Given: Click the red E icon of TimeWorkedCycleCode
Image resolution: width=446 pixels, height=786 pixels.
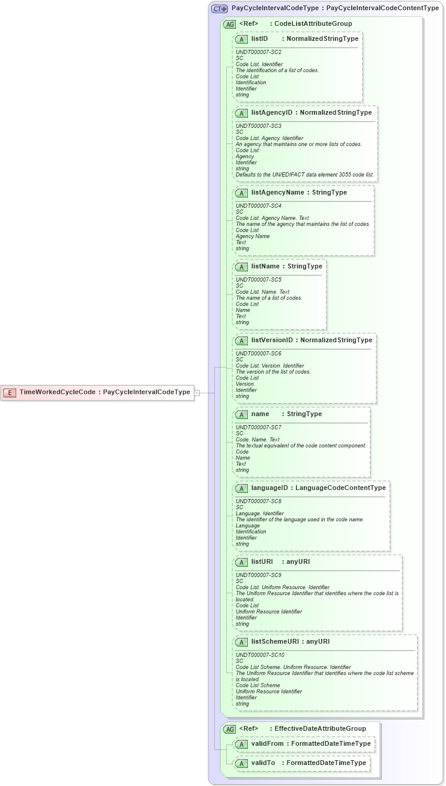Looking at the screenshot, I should point(10,393).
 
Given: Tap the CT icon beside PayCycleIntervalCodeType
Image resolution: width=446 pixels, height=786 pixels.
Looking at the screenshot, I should point(220,9).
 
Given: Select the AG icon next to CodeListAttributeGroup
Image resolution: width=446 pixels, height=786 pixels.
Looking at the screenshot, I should point(229,24).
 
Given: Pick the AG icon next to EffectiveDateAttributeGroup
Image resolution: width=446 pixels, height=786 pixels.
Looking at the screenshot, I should point(229,729).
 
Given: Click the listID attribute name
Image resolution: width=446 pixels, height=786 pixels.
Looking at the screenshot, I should point(259,39).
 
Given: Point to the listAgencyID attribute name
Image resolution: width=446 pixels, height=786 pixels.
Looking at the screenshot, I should point(272,113).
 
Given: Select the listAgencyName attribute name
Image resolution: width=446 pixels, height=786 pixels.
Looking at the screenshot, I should point(278,193).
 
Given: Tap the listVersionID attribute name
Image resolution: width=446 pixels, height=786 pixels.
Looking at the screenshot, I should point(272,340).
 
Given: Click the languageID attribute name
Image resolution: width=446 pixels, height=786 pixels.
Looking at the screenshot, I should point(270,488).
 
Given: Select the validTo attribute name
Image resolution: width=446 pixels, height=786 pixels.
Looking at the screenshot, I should point(263,763).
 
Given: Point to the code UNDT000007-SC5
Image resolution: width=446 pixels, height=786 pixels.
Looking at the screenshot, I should point(259,279).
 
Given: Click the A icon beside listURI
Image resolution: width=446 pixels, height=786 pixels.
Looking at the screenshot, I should point(241,563).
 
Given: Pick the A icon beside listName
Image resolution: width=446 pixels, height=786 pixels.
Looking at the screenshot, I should point(241,267).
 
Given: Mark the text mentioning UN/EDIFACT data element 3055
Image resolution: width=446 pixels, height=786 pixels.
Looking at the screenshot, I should point(305,175).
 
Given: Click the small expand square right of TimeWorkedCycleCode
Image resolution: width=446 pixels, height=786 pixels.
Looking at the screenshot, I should point(197,393).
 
